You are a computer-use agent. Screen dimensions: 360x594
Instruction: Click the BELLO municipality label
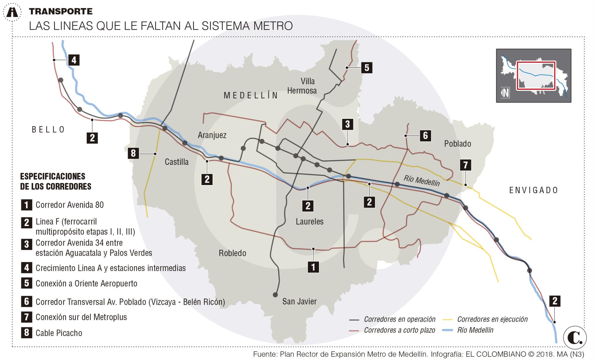48,130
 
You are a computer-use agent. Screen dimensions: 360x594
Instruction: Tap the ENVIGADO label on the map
534,190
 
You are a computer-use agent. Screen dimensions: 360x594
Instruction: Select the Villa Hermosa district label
302,86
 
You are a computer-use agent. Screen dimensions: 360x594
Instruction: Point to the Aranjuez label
212,135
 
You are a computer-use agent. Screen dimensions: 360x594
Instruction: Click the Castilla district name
177,162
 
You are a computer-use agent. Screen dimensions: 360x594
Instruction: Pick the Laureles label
309,221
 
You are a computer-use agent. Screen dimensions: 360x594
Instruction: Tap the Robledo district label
233,253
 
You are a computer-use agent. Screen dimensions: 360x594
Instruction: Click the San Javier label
299,301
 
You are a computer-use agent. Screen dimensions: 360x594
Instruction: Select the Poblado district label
457,144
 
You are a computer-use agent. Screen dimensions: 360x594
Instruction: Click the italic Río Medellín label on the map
421,180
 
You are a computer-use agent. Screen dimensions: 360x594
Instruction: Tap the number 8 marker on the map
133,153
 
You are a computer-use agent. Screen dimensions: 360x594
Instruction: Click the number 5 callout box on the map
367,68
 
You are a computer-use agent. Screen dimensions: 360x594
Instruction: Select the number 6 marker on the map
425,135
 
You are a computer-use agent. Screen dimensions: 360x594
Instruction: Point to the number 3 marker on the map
347,124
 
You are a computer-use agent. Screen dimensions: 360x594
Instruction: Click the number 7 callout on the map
465,165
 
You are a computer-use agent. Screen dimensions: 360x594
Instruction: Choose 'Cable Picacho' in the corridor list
59,333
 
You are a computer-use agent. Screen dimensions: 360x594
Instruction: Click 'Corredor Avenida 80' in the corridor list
69,205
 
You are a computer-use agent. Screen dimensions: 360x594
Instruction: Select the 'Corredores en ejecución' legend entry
492,319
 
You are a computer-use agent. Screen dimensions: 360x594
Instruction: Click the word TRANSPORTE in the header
61,12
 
